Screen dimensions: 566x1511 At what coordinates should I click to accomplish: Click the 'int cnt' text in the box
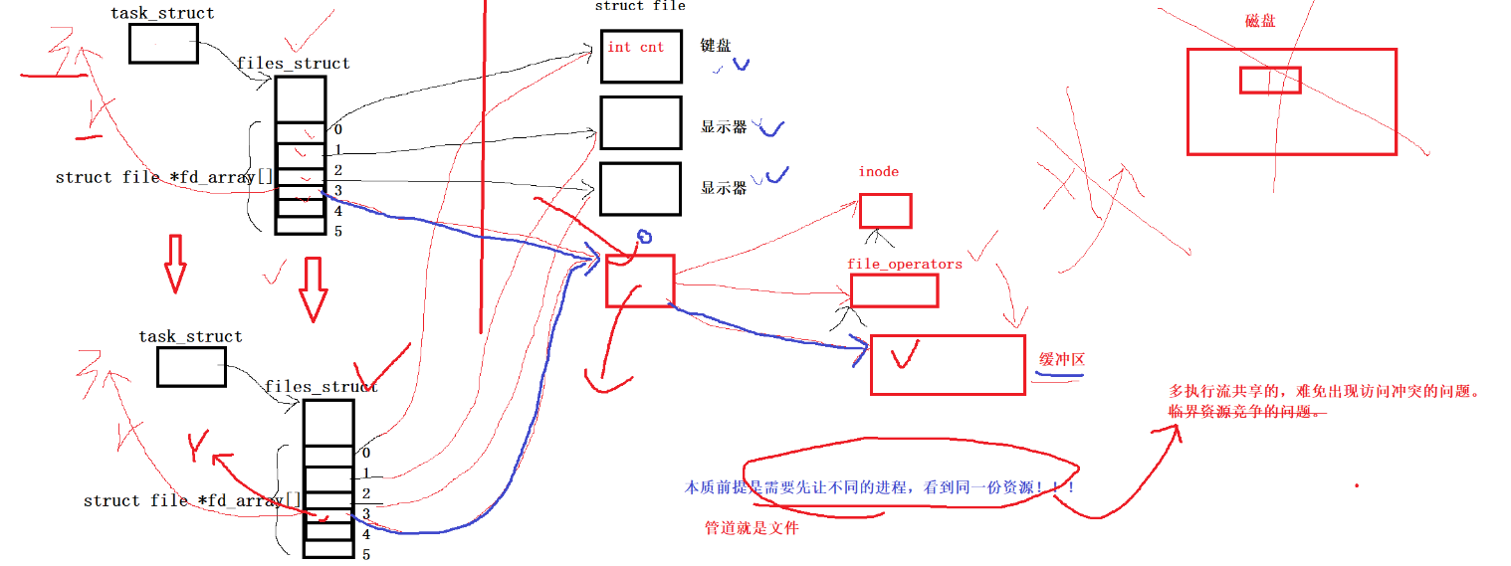click(635, 47)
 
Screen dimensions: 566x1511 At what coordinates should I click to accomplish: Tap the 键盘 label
click(716, 46)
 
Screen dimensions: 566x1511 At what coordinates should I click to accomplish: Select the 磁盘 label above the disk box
click(1260, 21)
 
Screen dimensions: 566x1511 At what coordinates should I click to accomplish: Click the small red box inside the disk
click(1270, 80)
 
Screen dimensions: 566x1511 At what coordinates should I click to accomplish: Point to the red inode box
click(885, 211)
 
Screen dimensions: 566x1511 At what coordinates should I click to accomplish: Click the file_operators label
click(905, 265)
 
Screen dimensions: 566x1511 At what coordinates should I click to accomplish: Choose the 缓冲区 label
click(1061, 360)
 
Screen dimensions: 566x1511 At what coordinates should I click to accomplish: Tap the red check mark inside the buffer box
click(905, 355)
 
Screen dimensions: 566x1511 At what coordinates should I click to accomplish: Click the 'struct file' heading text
click(639, 6)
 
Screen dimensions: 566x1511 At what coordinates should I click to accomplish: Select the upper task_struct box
click(163, 44)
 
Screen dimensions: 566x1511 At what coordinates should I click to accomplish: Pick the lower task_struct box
click(191, 367)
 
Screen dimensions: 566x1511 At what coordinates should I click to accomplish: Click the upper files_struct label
click(294, 64)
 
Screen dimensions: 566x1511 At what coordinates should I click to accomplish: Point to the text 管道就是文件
click(752, 529)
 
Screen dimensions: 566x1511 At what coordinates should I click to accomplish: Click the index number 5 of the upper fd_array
click(338, 232)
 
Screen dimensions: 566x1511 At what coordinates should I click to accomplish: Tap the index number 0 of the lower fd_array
click(366, 453)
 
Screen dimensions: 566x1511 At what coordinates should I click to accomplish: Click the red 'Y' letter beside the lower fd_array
click(198, 445)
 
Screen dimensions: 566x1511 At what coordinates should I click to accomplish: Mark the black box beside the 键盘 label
click(641, 56)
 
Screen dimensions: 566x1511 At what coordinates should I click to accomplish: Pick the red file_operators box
click(894, 290)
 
